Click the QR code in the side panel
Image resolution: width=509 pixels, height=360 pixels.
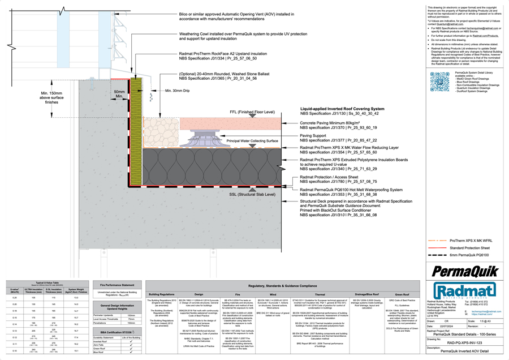439,82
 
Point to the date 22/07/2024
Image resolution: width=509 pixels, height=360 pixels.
448,327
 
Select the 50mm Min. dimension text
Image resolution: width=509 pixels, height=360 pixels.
119,94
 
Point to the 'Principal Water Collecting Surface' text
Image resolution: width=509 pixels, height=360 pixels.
251,141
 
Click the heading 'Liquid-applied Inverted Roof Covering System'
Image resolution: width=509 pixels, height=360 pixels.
342,108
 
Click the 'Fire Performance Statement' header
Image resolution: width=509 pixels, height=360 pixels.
117,285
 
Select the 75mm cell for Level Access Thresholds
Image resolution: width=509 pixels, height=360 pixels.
131,319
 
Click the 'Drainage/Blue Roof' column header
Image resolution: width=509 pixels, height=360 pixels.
366,294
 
